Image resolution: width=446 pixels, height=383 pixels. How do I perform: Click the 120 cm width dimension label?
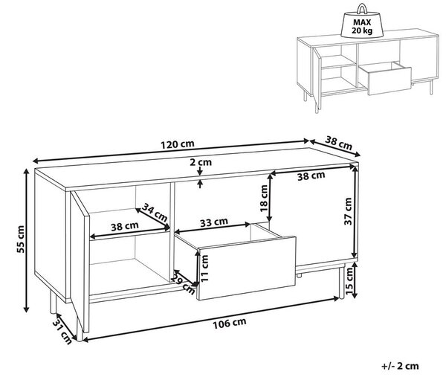178,144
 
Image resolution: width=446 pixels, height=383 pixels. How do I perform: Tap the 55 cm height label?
21,239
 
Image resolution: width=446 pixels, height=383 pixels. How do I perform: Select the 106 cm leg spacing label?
230,324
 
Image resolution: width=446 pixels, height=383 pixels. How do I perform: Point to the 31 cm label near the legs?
62,331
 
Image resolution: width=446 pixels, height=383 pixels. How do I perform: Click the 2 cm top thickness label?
201,162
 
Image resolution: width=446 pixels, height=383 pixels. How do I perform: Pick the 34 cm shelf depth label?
155,213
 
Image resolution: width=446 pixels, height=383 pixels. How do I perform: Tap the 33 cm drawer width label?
214,222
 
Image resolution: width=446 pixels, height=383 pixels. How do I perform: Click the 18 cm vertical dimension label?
264,199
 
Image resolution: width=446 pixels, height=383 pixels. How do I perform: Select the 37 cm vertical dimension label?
348,211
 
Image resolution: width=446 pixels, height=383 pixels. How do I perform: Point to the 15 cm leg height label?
349,281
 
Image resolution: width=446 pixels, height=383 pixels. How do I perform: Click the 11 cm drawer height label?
204,268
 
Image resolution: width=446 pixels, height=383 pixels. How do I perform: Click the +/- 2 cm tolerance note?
400,366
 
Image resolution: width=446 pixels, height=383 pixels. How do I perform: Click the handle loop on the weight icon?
362,8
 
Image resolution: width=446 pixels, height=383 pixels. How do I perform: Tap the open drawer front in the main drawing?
247,268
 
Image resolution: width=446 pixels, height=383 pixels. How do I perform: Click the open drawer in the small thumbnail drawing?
385,78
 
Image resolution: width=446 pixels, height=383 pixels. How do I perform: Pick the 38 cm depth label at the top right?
338,143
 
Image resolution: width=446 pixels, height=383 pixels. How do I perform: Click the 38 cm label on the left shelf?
125,226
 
